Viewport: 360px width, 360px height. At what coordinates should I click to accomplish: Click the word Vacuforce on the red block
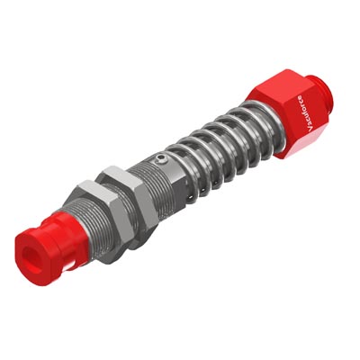point(304,113)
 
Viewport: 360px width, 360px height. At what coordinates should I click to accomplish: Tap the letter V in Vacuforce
point(310,130)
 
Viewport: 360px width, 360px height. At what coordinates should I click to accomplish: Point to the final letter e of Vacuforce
point(300,97)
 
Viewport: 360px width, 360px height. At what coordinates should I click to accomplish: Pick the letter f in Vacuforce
point(303,111)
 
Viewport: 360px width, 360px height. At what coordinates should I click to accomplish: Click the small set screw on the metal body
point(161,159)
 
